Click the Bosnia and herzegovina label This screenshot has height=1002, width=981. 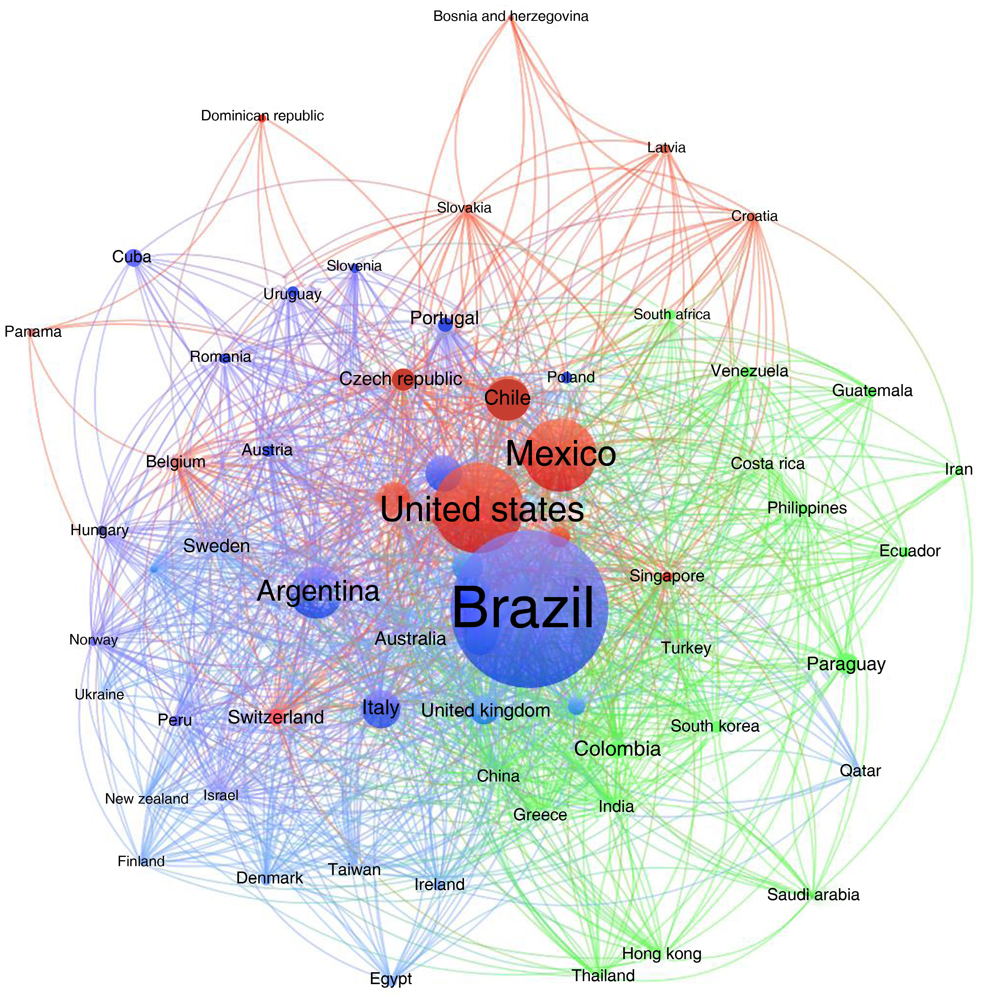510,16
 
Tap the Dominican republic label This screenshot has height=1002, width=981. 262,116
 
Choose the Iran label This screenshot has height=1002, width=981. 958,469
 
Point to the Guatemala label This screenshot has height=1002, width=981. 872,391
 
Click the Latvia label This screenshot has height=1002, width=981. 666,148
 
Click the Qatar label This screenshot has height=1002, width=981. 860,771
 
